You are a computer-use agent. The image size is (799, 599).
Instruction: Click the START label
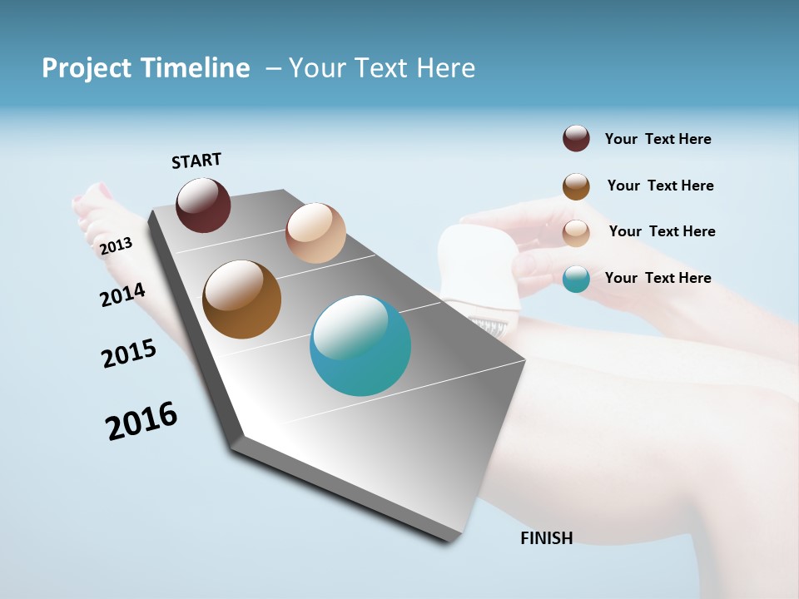pyautogui.click(x=196, y=161)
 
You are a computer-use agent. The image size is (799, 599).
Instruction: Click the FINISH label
pyautogui.click(x=546, y=538)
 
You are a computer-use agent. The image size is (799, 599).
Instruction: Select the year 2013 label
pyautogui.click(x=116, y=246)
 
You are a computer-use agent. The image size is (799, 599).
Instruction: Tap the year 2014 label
pyautogui.click(x=122, y=295)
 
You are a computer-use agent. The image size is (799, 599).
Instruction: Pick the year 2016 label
pyautogui.click(x=141, y=421)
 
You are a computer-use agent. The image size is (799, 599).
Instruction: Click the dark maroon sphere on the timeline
pyautogui.click(x=203, y=205)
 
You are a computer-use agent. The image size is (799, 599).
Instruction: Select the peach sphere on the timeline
pyautogui.click(x=315, y=233)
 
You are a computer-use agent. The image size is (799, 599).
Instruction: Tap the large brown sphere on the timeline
pyautogui.click(x=241, y=299)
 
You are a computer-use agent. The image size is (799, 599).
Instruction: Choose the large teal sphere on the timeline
pyautogui.click(x=360, y=345)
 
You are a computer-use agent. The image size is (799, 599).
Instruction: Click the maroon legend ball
pyautogui.click(x=576, y=139)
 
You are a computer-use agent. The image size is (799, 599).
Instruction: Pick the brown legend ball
pyautogui.click(x=576, y=186)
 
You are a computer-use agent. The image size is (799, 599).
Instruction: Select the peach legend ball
pyautogui.click(x=576, y=233)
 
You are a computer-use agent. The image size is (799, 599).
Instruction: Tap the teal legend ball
pyautogui.click(x=576, y=279)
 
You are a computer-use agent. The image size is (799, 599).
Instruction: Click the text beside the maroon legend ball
pyautogui.click(x=658, y=140)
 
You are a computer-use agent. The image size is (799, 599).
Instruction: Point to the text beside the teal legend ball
pyautogui.click(x=658, y=278)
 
